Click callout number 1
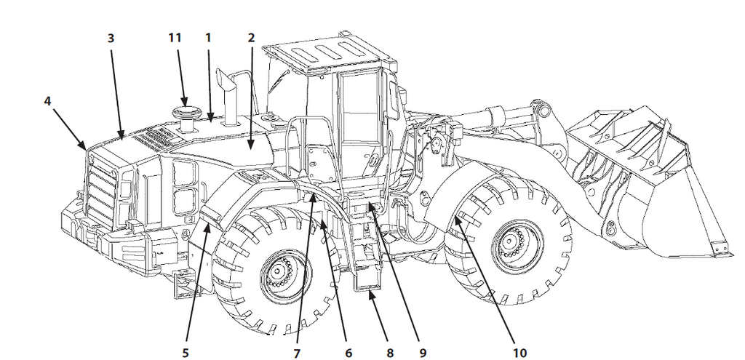click(208, 36)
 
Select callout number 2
click(251, 36)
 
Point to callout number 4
click(48, 101)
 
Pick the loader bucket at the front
click(640, 189)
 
